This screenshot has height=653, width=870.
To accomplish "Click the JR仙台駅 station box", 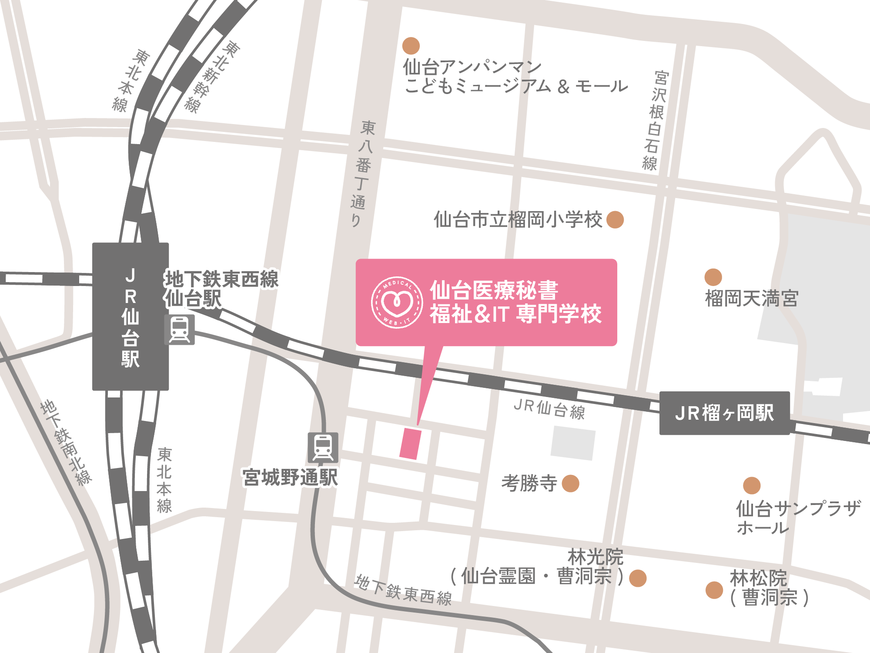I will (x=130, y=316).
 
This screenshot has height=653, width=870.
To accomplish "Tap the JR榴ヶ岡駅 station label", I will (x=724, y=413).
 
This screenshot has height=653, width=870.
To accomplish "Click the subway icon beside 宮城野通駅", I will (x=323, y=448).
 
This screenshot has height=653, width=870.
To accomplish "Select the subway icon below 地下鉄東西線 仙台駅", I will (x=179, y=330).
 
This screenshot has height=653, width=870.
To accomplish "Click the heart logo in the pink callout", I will (x=397, y=302).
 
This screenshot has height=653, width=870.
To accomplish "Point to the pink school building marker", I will (x=411, y=444).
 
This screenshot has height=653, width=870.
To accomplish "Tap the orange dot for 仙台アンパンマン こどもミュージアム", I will (x=411, y=46).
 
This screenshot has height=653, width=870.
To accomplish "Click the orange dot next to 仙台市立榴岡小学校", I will (x=615, y=219).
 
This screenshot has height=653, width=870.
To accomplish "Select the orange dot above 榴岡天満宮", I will (x=713, y=277).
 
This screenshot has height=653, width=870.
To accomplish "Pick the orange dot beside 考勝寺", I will (x=570, y=483).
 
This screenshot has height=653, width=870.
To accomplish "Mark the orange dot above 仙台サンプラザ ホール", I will (x=752, y=486).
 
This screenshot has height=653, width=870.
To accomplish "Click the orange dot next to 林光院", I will (x=638, y=578).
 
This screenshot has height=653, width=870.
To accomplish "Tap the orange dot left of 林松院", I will (x=714, y=590).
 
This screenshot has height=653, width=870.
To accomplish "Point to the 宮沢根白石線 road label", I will (x=655, y=120).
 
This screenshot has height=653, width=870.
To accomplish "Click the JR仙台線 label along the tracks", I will (x=549, y=409).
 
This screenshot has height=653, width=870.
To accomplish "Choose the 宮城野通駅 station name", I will (x=290, y=478).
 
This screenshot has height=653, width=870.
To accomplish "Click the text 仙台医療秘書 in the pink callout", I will (x=494, y=290).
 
